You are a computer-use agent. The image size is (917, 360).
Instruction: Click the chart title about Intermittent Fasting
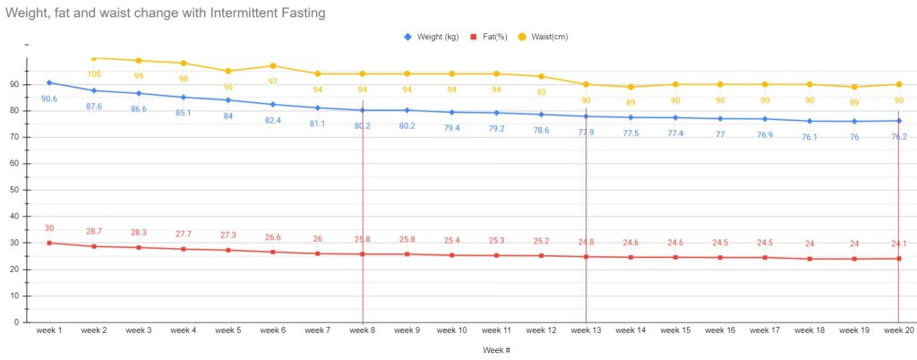click(x=165, y=13)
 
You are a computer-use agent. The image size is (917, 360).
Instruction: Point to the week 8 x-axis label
click(x=363, y=330)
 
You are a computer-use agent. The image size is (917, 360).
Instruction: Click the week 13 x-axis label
click(x=586, y=330)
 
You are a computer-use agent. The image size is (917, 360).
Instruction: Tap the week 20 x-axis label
click(x=898, y=330)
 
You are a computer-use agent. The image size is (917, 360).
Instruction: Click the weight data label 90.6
click(x=49, y=99)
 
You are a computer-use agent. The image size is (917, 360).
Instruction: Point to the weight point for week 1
click(x=49, y=82)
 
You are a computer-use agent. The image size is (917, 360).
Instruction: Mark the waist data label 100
click(x=94, y=74)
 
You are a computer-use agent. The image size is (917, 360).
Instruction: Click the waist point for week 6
click(x=273, y=65)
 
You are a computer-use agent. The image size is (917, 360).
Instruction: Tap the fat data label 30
click(x=49, y=227)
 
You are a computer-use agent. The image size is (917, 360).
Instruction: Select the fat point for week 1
click(x=49, y=243)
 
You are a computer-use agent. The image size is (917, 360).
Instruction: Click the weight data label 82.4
click(x=273, y=120)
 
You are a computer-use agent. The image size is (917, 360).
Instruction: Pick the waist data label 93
click(x=541, y=92)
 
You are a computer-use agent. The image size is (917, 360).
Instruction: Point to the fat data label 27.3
click(x=228, y=235)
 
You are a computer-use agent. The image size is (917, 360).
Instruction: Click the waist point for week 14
click(x=630, y=87)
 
